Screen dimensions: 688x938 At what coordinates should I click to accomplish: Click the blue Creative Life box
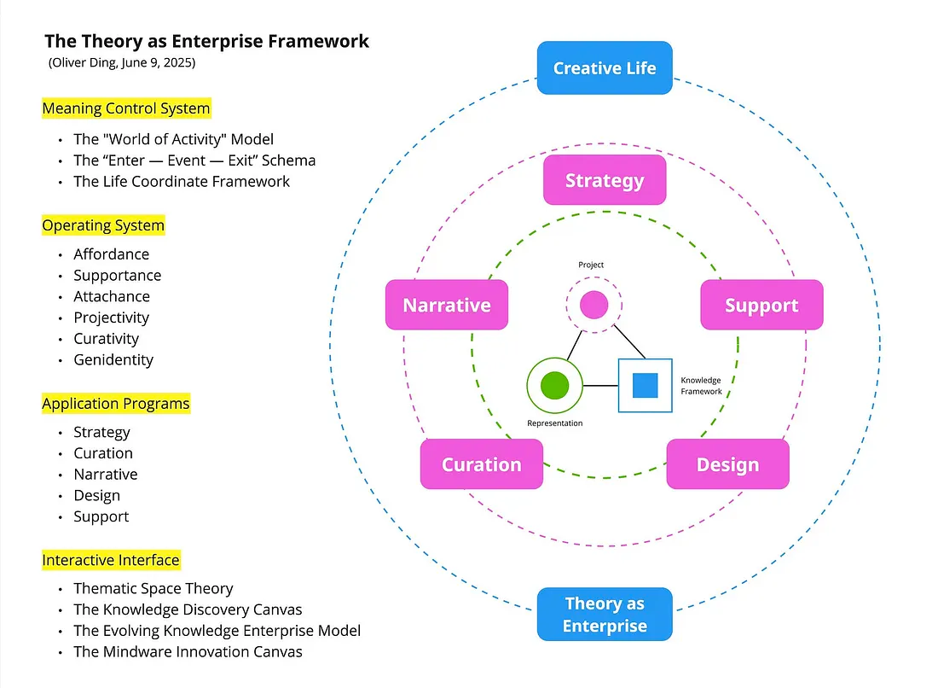click(605, 67)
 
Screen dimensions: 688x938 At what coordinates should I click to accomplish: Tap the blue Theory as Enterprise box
click(605, 614)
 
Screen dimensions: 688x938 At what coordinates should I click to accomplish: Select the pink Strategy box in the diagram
click(605, 180)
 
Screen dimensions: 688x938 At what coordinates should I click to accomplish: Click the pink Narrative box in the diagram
click(447, 305)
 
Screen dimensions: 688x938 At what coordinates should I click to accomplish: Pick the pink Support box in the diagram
click(761, 305)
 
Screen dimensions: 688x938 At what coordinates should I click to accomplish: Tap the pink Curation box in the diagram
click(481, 464)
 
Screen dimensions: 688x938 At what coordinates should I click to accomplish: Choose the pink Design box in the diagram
click(727, 464)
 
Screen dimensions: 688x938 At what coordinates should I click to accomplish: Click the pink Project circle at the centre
click(593, 305)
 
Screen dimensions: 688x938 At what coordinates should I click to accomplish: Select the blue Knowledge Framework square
click(645, 386)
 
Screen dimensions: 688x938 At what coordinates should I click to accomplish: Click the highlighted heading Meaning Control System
click(125, 108)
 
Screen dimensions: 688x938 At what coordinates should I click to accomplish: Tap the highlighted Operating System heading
click(103, 225)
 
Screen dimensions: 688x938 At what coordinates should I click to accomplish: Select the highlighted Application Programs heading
click(116, 403)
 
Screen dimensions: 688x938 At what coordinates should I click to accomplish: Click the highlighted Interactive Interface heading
click(111, 560)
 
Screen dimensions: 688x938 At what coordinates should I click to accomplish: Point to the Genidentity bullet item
click(113, 359)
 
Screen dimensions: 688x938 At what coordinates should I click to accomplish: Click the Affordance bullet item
click(111, 254)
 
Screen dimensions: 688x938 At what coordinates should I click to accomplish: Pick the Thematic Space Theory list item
click(153, 588)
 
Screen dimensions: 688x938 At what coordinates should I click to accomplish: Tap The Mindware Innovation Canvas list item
click(188, 651)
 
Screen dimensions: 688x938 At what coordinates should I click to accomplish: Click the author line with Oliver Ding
click(122, 63)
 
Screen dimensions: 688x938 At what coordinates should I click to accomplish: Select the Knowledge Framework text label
click(701, 386)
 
